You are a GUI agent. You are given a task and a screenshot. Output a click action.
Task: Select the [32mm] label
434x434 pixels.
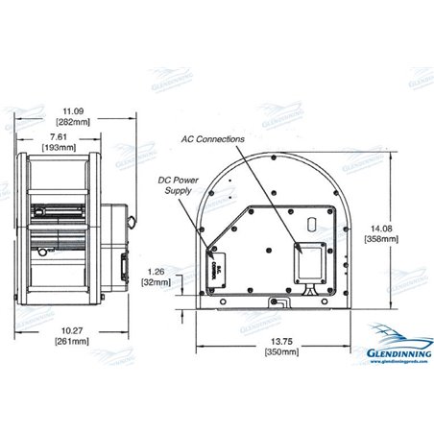pyautogui.click(x=158, y=284)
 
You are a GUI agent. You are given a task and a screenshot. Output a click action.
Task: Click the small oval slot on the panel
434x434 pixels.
pyautogui.click(x=311, y=224)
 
